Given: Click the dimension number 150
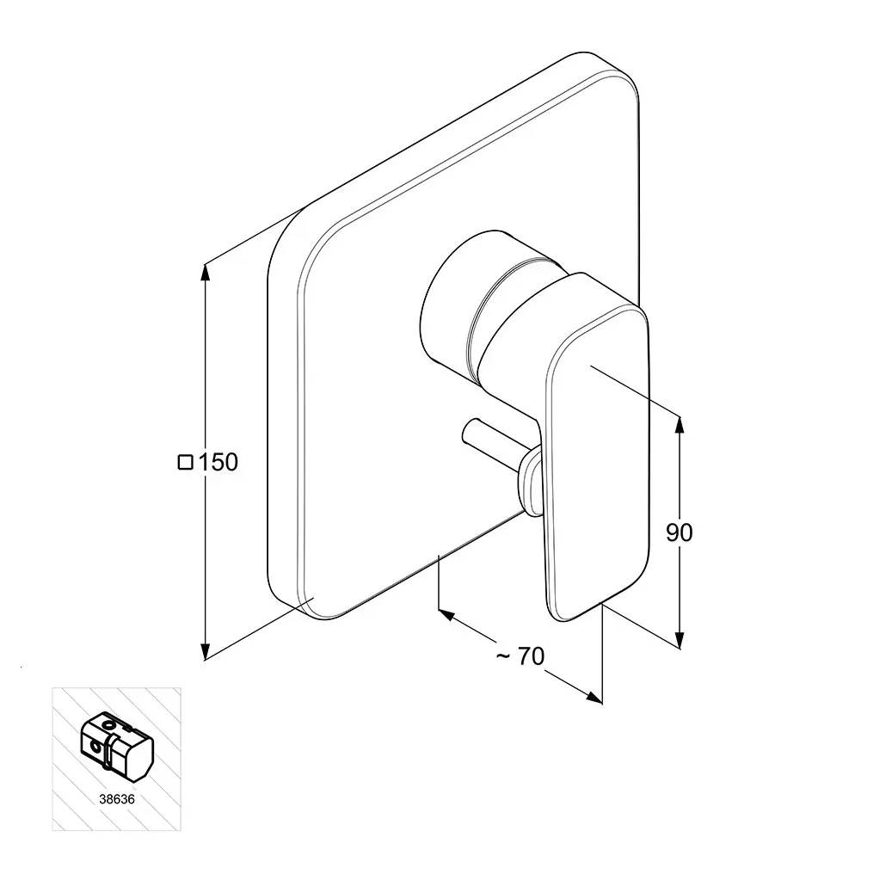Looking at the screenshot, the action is (218, 462).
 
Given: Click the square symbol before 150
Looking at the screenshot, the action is (186, 462).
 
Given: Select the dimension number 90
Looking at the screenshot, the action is (680, 532).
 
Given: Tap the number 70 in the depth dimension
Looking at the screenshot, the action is (531, 656).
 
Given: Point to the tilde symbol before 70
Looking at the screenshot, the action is (503, 655).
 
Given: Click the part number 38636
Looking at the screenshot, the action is (117, 799).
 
